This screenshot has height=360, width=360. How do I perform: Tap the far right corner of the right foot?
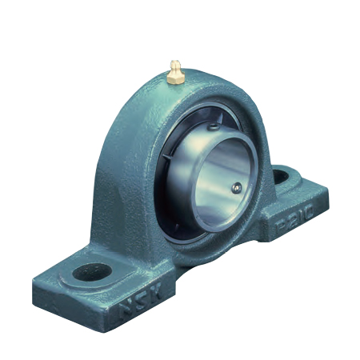327,191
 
